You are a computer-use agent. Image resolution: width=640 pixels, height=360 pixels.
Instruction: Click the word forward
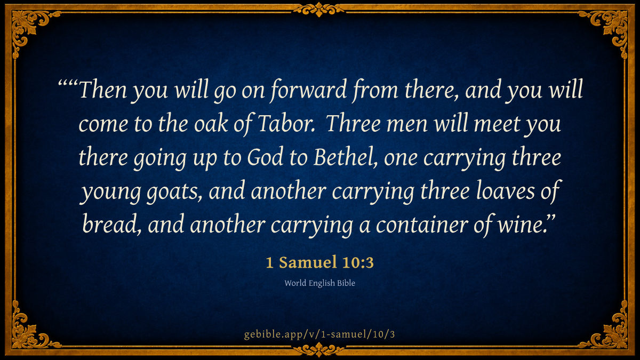tap(309, 90)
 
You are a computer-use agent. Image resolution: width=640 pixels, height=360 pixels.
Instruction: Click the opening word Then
tap(103, 90)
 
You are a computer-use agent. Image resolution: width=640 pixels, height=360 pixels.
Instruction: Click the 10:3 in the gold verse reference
tap(358, 262)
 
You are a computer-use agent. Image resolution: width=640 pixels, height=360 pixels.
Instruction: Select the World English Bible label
tap(319, 283)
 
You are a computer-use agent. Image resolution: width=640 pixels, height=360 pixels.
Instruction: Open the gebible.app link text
tap(319, 334)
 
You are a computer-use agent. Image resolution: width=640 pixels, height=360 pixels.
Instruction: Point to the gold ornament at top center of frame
tap(319, 9)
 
